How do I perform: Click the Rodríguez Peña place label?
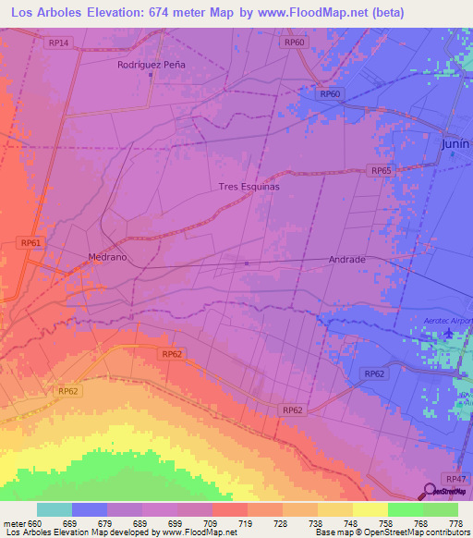coord(152,65)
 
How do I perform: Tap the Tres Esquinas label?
coord(249,186)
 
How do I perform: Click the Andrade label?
coord(347,260)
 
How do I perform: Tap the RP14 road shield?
coord(58,43)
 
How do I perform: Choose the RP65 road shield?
coord(381,171)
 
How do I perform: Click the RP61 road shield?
coord(30,242)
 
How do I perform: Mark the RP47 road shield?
coord(455,478)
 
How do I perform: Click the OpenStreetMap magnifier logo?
coord(431,489)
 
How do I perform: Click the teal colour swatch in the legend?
coord(55,509)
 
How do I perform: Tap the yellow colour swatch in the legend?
coord(369,509)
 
